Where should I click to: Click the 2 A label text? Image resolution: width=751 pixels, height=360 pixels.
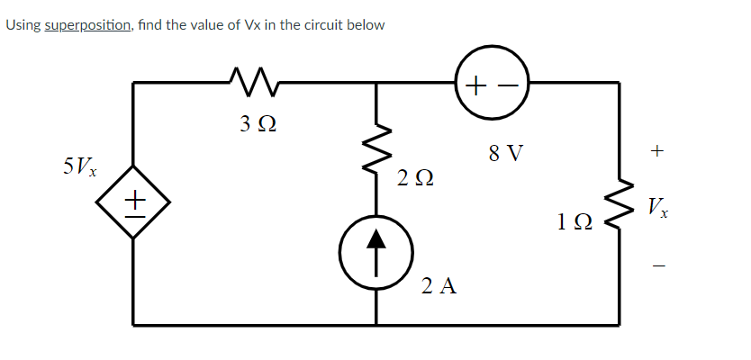[439, 287]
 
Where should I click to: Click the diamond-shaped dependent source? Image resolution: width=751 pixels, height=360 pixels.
[134, 201]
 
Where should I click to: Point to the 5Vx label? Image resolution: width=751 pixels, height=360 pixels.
[82, 166]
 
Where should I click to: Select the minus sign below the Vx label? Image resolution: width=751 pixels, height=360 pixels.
[657, 266]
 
